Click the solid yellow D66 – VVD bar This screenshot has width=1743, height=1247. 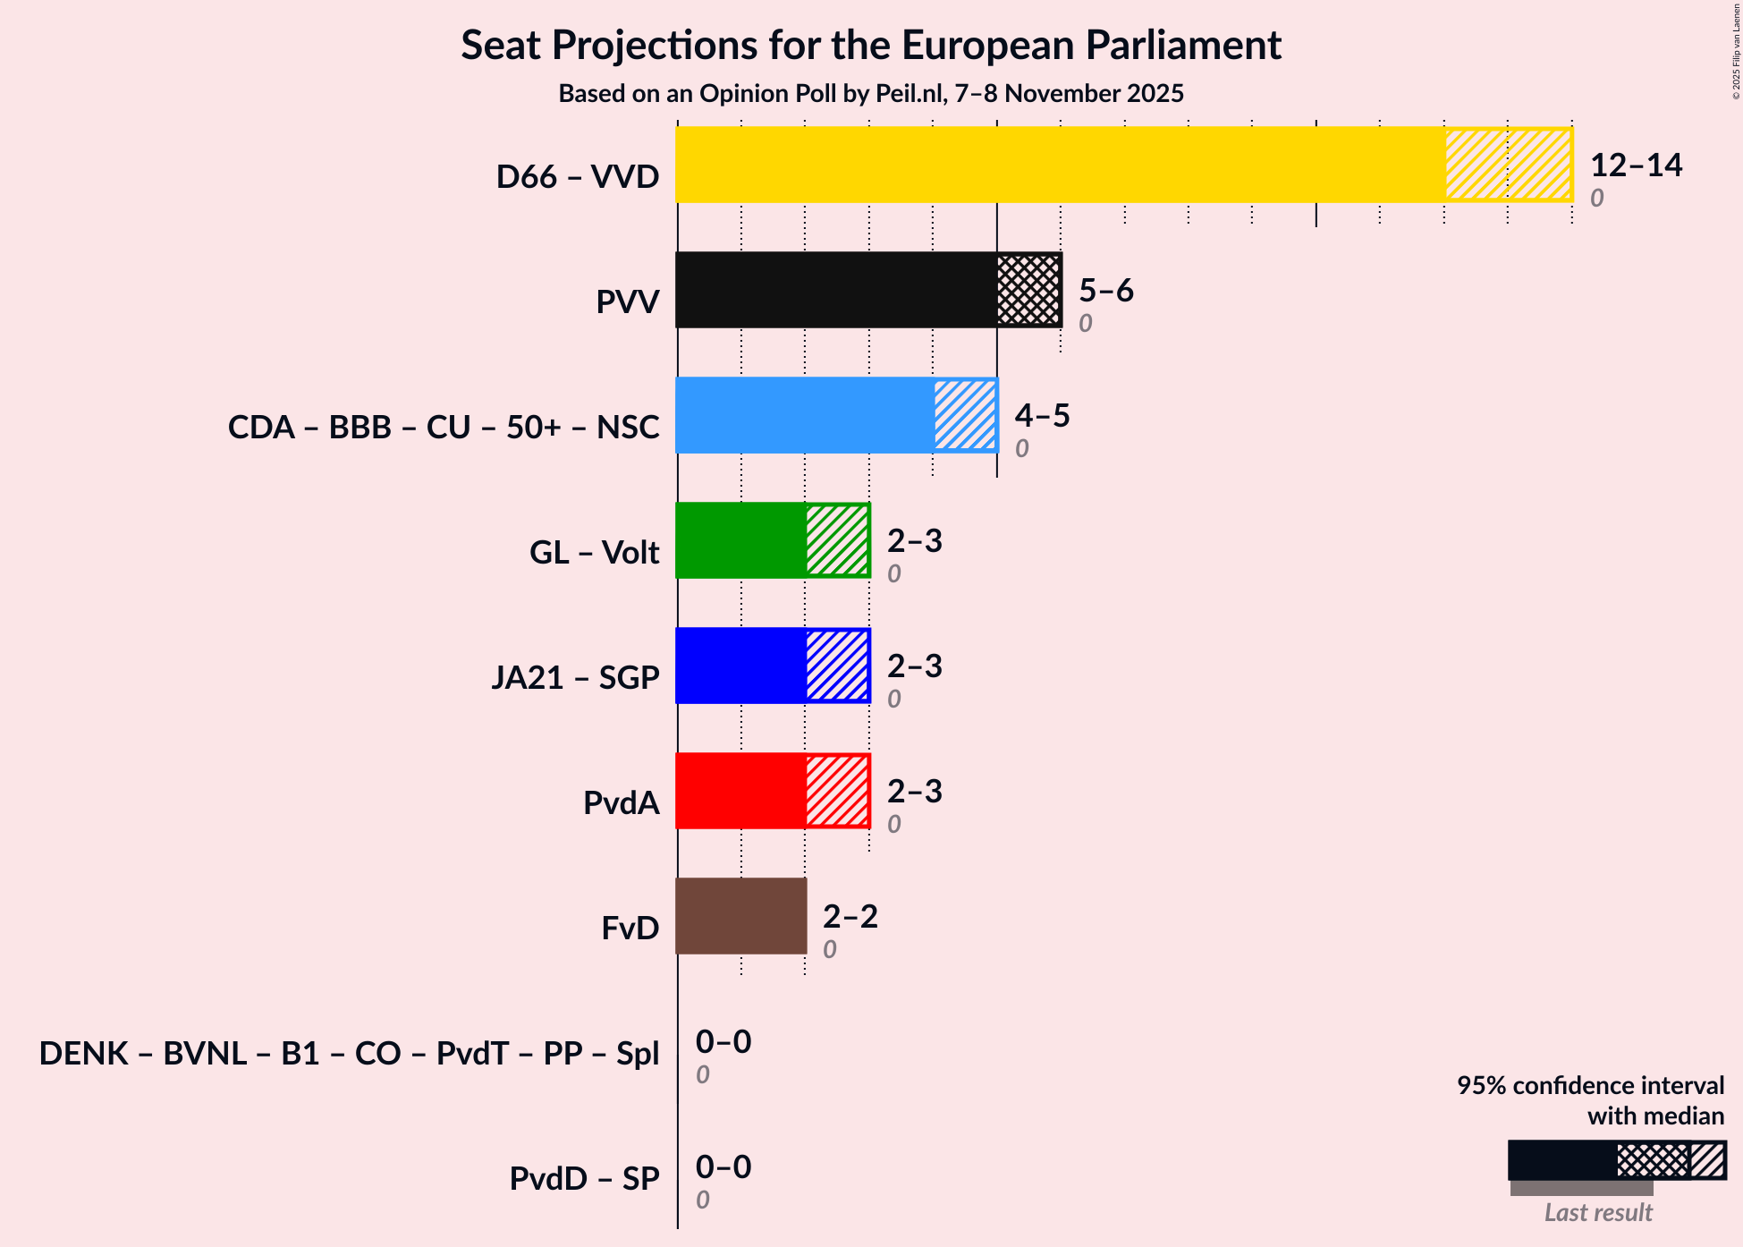coord(1060,165)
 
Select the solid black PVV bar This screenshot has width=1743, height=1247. coord(836,290)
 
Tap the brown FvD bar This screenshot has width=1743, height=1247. coord(741,916)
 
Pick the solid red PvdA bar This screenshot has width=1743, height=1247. coord(741,791)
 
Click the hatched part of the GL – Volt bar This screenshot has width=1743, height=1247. coord(838,540)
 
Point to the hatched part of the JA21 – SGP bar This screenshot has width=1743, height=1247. coord(838,666)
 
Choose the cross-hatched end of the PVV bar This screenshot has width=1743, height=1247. coord(1029,290)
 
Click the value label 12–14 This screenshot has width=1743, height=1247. coord(1636,165)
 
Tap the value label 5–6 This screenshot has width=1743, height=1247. coord(1106,291)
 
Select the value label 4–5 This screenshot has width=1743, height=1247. coord(1042,416)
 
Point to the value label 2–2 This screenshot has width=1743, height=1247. coord(850,917)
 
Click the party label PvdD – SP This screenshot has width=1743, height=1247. coord(584,1179)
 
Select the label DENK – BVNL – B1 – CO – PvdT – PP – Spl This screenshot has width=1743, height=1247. coord(349,1054)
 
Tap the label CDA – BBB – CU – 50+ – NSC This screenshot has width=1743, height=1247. coord(444,428)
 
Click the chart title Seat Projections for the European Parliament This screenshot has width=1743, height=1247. coord(871,46)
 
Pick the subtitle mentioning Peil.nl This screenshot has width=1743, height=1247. coord(871,94)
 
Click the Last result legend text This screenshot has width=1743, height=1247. coord(1598,1212)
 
